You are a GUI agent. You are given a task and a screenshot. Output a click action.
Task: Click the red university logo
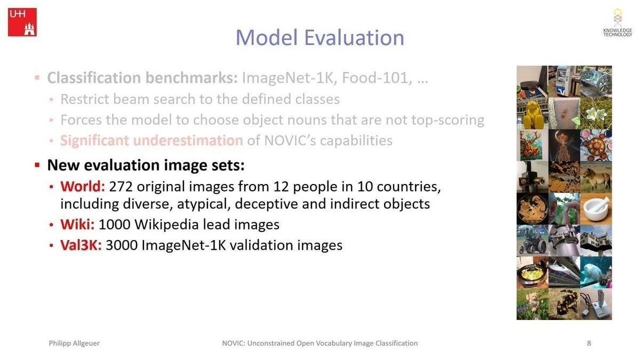(x=22, y=22)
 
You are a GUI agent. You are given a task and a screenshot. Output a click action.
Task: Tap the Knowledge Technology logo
(x=618, y=23)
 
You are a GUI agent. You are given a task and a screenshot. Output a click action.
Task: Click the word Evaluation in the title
(x=354, y=37)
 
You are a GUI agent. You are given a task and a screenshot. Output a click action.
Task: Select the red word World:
(x=83, y=186)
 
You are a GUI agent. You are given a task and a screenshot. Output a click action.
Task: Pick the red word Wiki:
(x=77, y=225)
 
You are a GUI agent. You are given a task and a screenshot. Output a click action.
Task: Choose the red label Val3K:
(x=81, y=245)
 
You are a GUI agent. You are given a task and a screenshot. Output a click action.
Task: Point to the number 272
(x=121, y=187)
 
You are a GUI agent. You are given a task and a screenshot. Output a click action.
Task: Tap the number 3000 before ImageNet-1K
(x=122, y=245)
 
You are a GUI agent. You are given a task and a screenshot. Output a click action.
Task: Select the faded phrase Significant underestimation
(x=151, y=140)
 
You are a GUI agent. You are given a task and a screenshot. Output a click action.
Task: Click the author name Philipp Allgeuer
(x=74, y=343)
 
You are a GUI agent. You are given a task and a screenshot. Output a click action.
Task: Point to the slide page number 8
(x=589, y=343)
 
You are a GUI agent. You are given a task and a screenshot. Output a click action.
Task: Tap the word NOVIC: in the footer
(x=234, y=343)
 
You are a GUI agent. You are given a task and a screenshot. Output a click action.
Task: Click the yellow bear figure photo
(x=532, y=114)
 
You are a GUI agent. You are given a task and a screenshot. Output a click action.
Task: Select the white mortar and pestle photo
(x=596, y=209)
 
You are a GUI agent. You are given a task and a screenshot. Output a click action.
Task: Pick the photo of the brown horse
(x=596, y=177)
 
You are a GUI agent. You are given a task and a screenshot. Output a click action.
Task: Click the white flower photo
(x=596, y=114)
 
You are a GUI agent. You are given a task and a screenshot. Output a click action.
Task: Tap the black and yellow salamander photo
(x=564, y=304)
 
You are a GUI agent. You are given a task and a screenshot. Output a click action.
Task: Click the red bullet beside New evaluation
(x=37, y=165)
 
